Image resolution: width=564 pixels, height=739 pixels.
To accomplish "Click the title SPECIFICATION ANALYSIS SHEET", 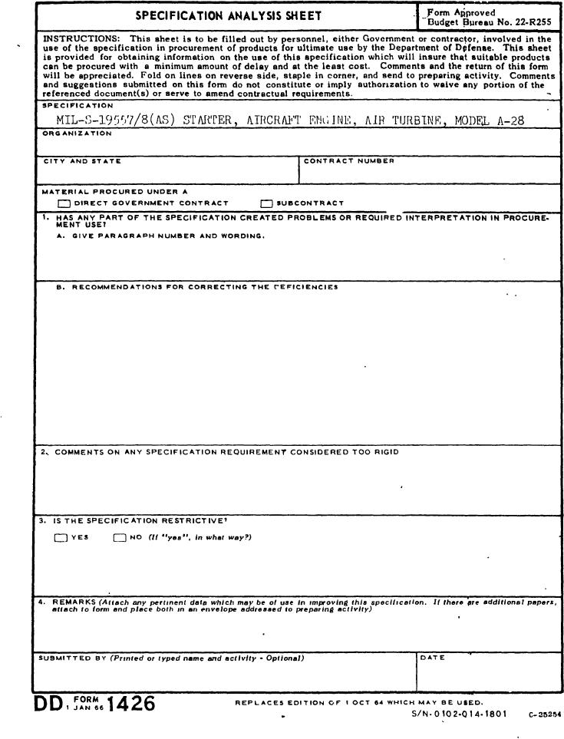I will point(229,15).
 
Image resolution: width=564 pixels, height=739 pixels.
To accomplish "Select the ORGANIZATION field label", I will point(76,134).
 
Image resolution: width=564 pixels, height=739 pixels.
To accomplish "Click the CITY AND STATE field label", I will point(81,161).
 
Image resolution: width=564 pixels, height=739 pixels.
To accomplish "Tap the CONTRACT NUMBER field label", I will point(349,161).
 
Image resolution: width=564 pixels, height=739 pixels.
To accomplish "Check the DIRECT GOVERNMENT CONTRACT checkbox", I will point(64,203).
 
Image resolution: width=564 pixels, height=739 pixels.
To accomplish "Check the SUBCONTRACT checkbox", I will point(266,203).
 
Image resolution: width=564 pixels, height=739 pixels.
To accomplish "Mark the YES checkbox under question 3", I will point(61,538).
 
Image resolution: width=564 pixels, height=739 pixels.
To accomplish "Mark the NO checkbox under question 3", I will point(120,538).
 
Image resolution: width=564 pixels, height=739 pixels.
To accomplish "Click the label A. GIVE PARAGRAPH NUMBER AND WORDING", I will point(160,236).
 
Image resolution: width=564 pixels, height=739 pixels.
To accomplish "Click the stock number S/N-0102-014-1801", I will point(459,714).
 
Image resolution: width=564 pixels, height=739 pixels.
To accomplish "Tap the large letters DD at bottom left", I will point(51,704).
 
